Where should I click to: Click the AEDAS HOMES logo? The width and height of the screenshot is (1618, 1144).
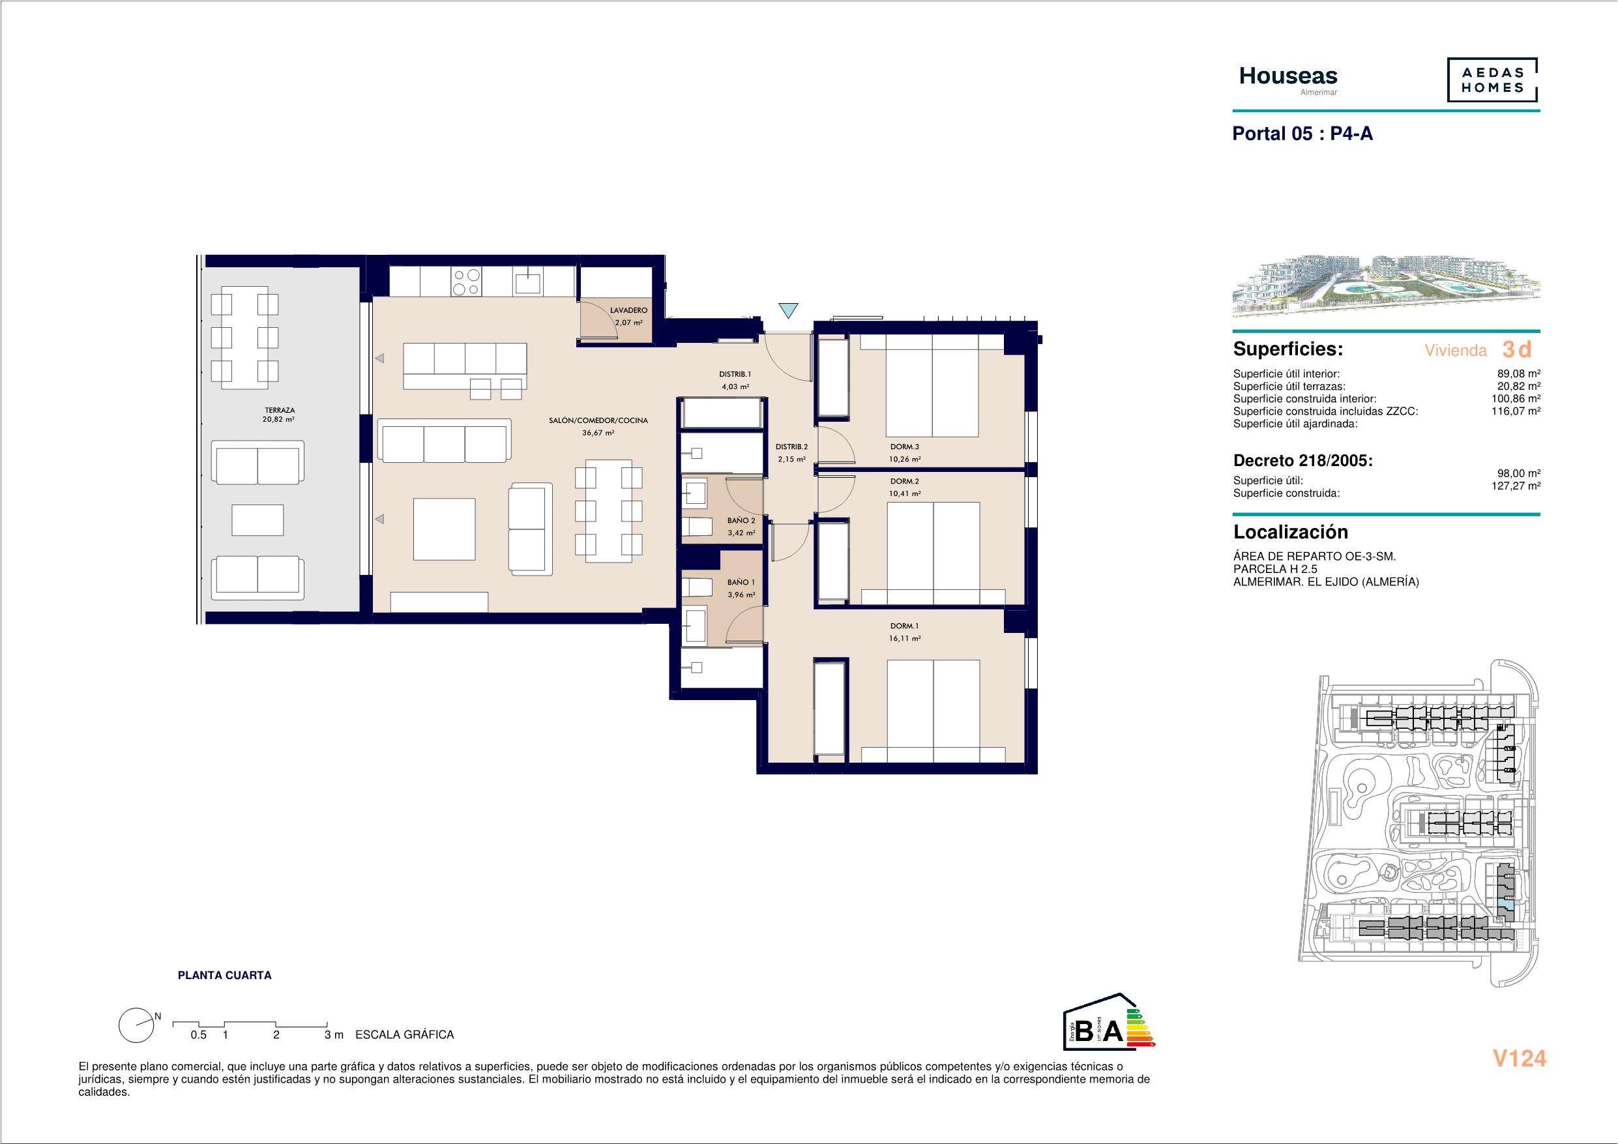click(x=1492, y=80)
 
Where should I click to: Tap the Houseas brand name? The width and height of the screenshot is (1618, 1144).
click(x=1288, y=76)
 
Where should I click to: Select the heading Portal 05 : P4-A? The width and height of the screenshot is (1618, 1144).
click(x=1302, y=133)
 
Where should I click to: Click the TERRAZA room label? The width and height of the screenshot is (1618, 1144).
click(x=280, y=409)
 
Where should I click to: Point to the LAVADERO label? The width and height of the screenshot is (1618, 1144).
click(x=628, y=310)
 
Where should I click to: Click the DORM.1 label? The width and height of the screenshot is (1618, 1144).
click(x=905, y=626)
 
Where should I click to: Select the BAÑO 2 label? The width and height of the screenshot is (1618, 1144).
click(x=741, y=521)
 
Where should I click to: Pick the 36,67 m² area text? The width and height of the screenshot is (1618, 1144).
click(x=598, y=433)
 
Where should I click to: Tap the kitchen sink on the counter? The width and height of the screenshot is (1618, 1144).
click(x=528, y=282)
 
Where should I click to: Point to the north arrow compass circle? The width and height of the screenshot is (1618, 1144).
click(x=137, y=1025)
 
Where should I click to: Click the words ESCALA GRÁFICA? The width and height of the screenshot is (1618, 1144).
click(x=404, y=1034)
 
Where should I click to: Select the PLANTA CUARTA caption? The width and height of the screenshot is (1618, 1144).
click(x=224, y=976)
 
